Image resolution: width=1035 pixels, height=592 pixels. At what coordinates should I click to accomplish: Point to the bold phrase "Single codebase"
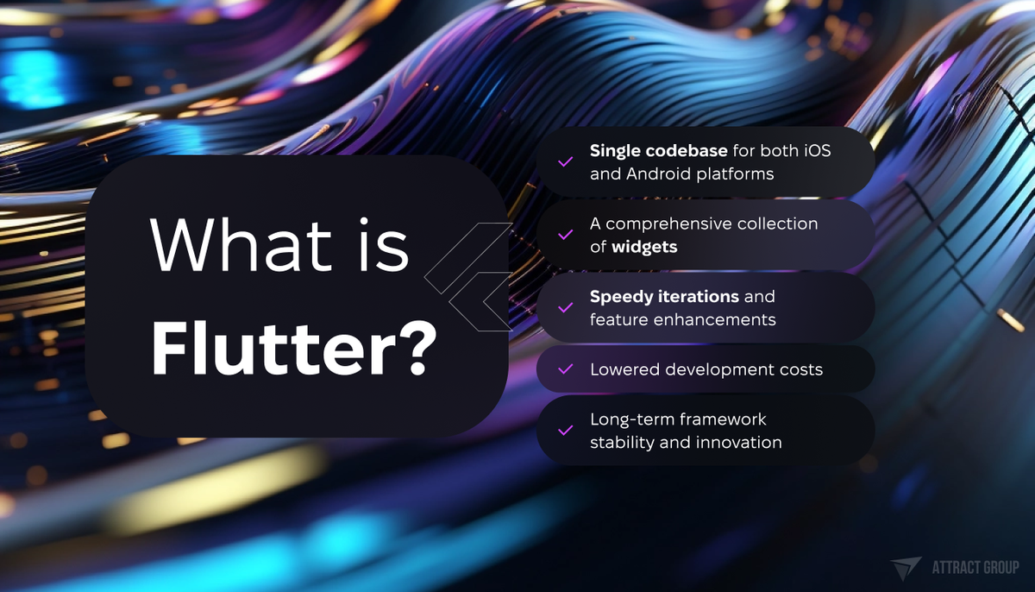(x=659, y=150)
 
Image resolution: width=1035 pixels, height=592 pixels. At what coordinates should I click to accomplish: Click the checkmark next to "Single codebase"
(x=566, y=161)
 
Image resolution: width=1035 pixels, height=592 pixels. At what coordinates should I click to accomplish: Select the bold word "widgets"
(x=644, y=247)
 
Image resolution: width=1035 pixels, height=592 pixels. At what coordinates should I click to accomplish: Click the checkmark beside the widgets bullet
(x=566, y=235)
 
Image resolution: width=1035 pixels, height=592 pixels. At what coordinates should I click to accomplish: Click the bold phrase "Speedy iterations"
(x=664, y=296)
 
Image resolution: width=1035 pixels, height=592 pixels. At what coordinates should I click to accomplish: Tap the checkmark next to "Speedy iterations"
(x=566, y=307)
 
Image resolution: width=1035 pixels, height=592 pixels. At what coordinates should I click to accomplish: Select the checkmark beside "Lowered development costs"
(x=566, y=369)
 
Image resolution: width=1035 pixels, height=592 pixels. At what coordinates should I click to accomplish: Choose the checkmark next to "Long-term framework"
(x=566, y=430)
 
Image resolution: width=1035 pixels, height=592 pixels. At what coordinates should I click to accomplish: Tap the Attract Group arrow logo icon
(x=906, y=568)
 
